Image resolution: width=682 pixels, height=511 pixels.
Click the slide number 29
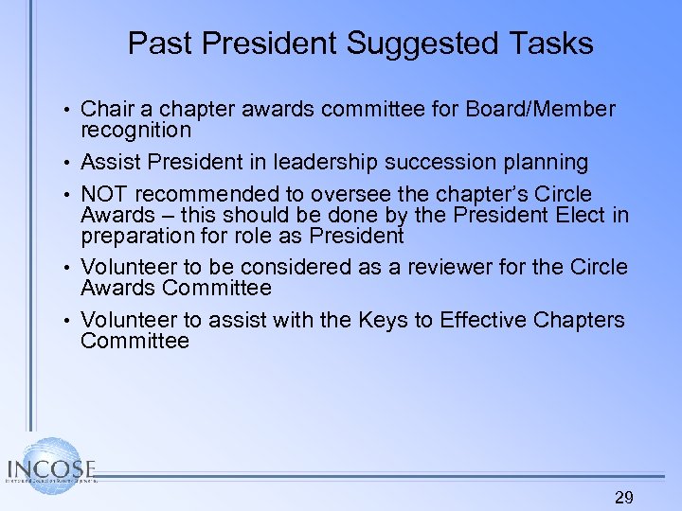624,498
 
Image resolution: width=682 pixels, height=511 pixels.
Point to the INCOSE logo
51,465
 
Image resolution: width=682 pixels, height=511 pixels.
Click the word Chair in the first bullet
107,110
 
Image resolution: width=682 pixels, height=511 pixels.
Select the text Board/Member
541,110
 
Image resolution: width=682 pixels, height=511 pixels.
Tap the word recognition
136,130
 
